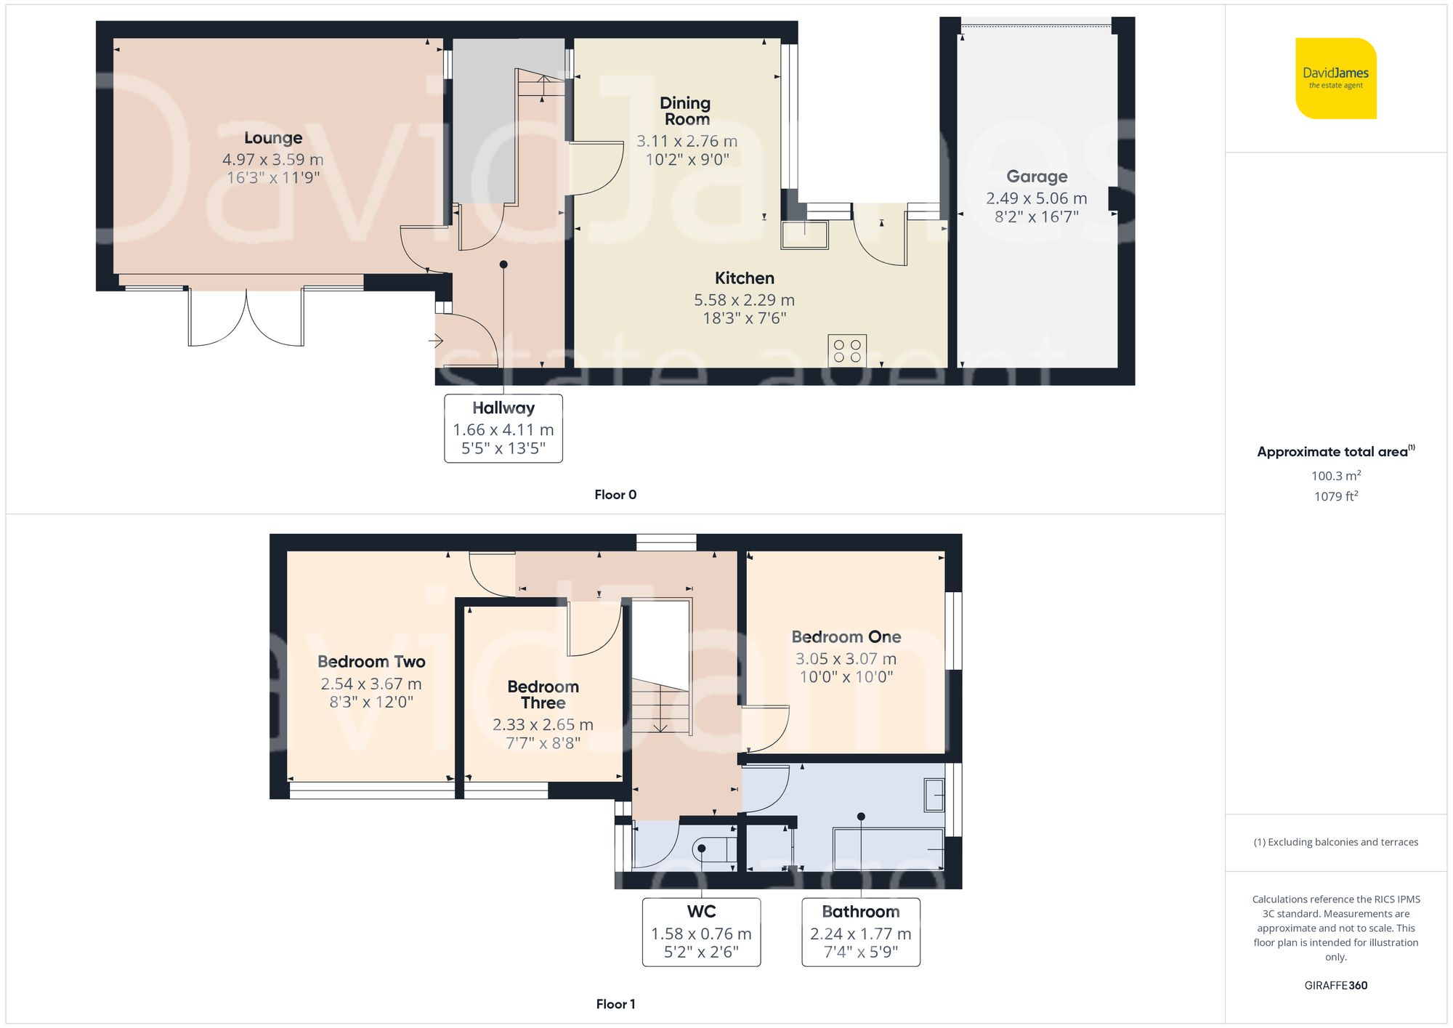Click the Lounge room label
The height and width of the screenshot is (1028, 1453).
[x=273, y=138]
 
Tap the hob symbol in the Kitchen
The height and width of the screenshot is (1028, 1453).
[x=847, y=351]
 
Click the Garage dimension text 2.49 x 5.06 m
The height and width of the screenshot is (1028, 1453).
[x=1036, y=198]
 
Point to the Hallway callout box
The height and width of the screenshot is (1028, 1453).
[x=503, y=428]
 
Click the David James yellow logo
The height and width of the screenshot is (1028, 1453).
[x=1335, y=78]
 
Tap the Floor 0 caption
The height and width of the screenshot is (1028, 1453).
[x=615, y=495]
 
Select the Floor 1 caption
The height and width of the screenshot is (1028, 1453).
[x=615, y=1004]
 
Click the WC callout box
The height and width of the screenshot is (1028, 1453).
[x=701, y=932]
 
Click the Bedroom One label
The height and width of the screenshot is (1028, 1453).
[x=846, y=637]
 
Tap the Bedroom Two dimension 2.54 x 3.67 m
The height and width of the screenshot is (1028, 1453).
[x=371, y=684]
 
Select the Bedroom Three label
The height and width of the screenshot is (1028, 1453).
[x=543, y=695]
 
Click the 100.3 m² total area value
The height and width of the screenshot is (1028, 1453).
[x=1335, y=476]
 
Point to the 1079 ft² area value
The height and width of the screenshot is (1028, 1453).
[x=1335, y=496]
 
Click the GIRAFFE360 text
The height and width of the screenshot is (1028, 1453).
[x=1335, y=986]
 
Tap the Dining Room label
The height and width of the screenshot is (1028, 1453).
[x=686, y=111]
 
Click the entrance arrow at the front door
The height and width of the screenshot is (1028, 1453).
[x=436, y=340]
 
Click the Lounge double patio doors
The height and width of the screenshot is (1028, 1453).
[x=246, y=318]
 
